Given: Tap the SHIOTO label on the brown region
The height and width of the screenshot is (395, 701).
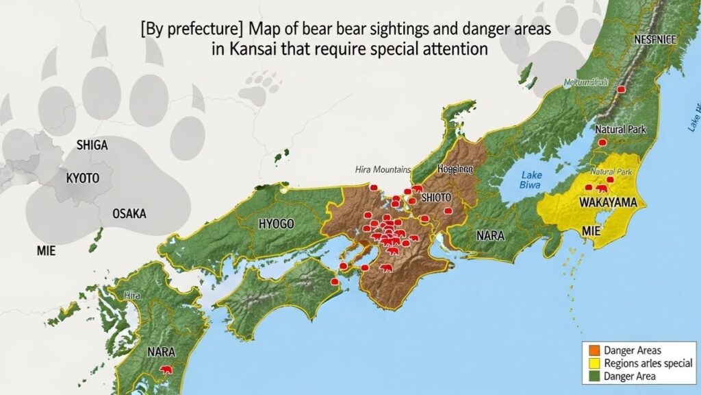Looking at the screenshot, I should [436, 197].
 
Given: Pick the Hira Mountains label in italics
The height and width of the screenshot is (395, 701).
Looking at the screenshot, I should [383, 169].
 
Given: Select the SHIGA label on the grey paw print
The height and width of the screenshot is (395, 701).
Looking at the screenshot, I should [92, 145].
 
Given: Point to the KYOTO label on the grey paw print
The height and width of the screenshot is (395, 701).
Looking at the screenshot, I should [83, 178].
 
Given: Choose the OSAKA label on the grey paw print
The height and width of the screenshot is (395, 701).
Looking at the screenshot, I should [129, 214].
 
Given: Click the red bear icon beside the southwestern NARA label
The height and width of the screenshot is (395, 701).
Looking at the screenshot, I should [166, 371].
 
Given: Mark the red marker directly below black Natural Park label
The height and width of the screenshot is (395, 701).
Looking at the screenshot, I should [602, 142].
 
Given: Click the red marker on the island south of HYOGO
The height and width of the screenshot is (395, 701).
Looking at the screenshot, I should [335, 282].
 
